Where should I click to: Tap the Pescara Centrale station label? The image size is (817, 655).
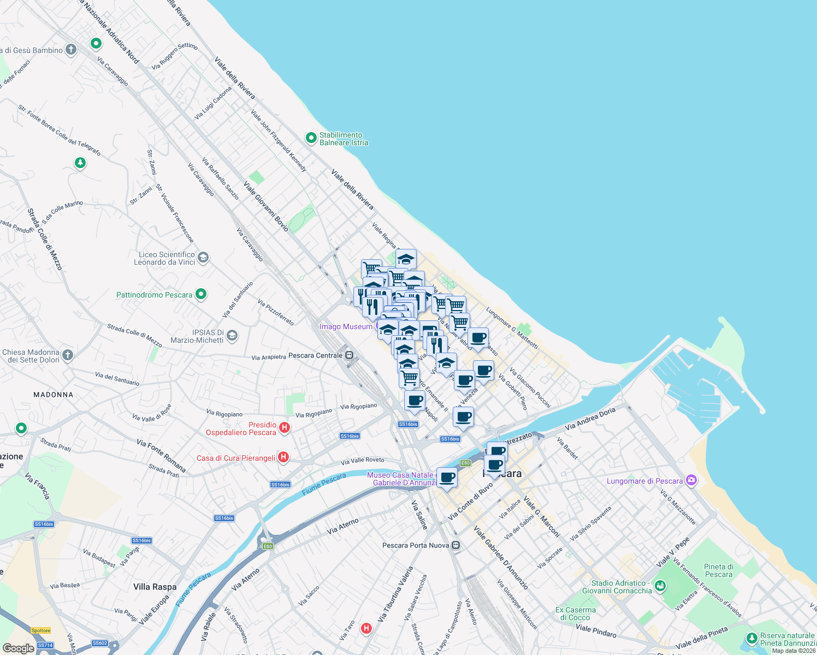[x=315, y=355]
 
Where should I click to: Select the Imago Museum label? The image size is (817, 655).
[x=346, y=326]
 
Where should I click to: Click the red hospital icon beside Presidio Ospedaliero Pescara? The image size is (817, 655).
[x=285, y=428]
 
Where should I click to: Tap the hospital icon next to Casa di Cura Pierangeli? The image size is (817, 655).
[x=283, y=457]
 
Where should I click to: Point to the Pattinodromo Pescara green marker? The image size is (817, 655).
[x=201, y=294]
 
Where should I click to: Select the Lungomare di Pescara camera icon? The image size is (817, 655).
[x=691, y=480]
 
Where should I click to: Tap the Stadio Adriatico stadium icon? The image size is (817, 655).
[x=660, y=586]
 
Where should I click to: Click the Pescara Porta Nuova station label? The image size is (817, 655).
[x=416, y=545]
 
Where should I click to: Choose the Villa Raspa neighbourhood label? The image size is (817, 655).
[x=155, y=587]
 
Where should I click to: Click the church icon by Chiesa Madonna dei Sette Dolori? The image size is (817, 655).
[x=68, y=355]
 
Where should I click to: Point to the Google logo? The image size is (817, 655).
[x=18, y=648]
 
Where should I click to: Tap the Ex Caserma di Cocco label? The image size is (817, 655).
[x=576, y=614]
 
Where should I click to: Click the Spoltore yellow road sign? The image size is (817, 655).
[x=41, y=630]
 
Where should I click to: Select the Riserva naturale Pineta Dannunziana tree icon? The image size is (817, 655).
[x=751, y=638]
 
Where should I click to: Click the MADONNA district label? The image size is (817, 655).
[x=53, y=394]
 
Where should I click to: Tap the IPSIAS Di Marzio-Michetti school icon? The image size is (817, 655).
[x=232, y=335]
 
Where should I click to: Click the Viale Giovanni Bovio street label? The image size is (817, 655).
[x=266, y=206]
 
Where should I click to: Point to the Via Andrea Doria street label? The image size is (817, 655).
[x=590, y=418]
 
